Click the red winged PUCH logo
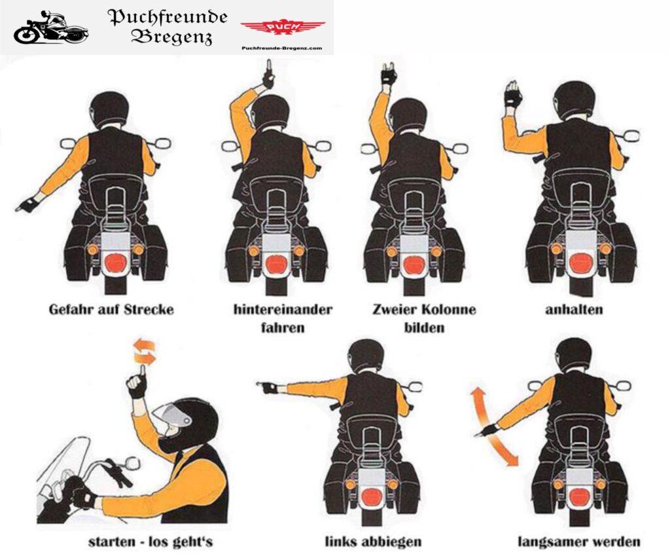click(x=283, y=28)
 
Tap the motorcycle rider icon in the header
click(x=51, y=28)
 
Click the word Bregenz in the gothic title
click(x=172, y=37)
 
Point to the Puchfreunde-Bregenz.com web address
click(x=281, y=48)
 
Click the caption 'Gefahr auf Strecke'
click(x=111, y=309)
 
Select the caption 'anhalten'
click(x=574, y=309)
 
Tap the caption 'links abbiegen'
click(x=373, y=542)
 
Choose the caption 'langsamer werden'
click(x=579, y=542)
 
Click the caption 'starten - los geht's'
click(x=150, y=542)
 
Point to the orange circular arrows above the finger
click(x=144, y=350)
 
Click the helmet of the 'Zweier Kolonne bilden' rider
click(x=408, y=115)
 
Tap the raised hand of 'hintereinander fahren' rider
click(x=268, y=75)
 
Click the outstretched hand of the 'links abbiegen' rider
click(x=268, y=388)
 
